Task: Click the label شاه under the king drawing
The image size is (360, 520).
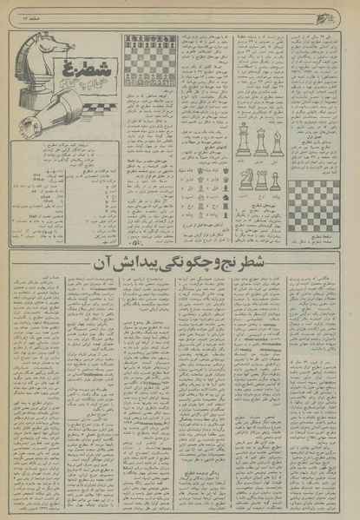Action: pyautogui.click(x=244, y=161)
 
